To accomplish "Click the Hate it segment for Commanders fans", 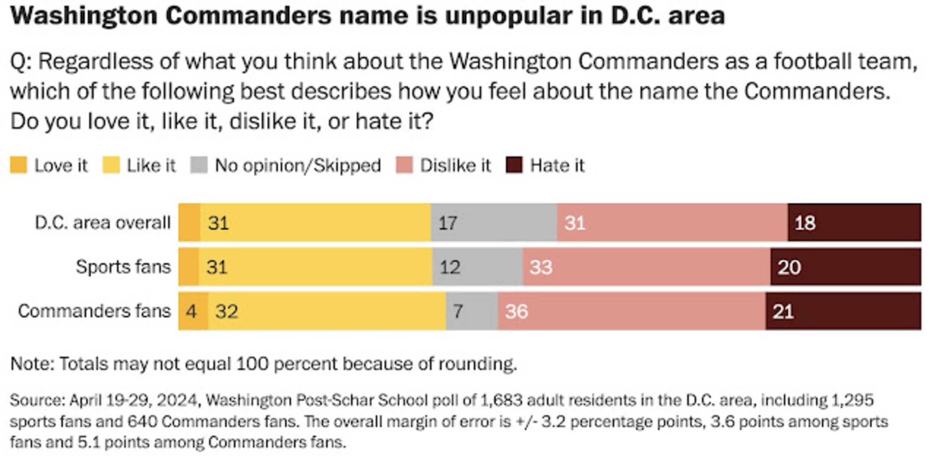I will coord(843,311).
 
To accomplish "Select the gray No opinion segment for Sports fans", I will coord(478,267).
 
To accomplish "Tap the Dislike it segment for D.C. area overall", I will coord(672,223).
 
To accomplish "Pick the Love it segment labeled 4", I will coord(193,311).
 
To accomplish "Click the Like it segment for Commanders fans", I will coord(327,311).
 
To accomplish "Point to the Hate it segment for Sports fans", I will coord(845,267).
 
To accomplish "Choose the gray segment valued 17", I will coord(493,223).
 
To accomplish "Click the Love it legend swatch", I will coord(18,165).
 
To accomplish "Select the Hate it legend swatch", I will coord(514,165).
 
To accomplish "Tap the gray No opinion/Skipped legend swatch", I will coord(199,165).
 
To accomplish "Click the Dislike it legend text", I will coord(455,165).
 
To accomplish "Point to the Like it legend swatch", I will coord(111,165).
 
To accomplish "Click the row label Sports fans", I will coord(123,267).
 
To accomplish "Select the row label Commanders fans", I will coord(94,311).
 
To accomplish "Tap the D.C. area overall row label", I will coord(103,223).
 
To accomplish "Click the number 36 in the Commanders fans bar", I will coord(517,311).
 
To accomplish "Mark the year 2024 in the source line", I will coord(177,400).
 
